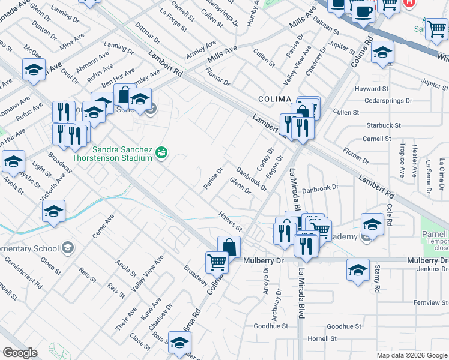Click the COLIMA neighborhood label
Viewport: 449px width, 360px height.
click(x=274, y=98)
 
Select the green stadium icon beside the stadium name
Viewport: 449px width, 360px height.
click(x=161, y=152)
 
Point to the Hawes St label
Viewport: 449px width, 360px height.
click(x=230, y=221)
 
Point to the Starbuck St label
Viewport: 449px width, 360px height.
click(x=384, y=125)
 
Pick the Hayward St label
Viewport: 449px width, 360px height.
click(x=373, y=89)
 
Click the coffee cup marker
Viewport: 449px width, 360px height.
click(x=363, y=11)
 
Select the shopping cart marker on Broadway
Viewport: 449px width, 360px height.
click(x=217, y=262)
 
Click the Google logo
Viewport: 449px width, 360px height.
click(x=20, y=353)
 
